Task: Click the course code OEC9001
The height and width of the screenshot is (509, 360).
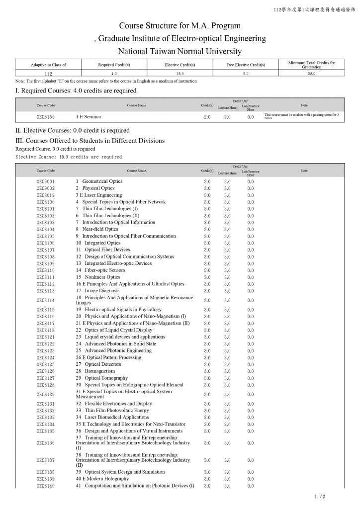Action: pos(46,181)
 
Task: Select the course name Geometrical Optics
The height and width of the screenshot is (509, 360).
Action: pos(102,181)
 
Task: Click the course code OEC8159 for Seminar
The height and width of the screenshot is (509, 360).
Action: pos(46,117)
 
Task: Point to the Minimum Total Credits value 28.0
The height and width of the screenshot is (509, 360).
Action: pos(311,73)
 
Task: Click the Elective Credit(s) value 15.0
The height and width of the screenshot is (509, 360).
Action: pos(180,73)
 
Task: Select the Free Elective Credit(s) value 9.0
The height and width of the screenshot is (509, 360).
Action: pos(246,73)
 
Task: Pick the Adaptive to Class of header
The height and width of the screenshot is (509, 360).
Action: pos(48,65)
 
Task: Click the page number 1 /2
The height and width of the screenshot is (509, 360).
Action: pos(320,497)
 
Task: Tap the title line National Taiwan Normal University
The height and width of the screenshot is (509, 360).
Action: pos(180,51)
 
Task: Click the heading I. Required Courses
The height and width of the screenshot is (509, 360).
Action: pos(76,90)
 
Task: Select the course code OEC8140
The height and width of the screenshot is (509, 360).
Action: pos(46,486)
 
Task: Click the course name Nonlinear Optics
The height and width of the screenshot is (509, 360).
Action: pos(102,277)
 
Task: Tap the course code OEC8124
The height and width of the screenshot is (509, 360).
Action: pos(46,357)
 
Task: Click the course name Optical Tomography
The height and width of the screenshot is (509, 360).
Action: pos(106,378)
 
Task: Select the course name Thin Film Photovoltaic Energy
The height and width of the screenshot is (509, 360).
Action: pos(116,411)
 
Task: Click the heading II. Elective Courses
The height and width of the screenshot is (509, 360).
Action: pos(73,130)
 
